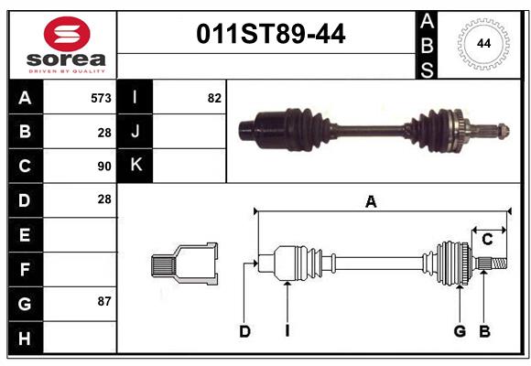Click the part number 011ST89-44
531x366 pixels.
click(x=272, y=34)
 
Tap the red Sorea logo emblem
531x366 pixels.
click(x=67, y=34)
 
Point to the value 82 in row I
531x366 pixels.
click(x=214, y=98)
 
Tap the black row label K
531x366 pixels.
click(x=135, y=166)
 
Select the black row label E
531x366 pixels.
click(x=25, y=235)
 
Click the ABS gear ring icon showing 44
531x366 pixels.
click(x=482, y=43)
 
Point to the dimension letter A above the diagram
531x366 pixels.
click(x=371, y=202)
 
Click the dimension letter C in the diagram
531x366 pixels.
click(x=487, y=240)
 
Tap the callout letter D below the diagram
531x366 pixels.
click(x=244, y=331)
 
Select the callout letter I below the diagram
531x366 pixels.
click(x=287, y=331)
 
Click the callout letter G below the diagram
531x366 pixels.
click(x=460, y=331)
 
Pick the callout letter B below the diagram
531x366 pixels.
click(x=484, y=331)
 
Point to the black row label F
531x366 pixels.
click(x=25, y=269)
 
